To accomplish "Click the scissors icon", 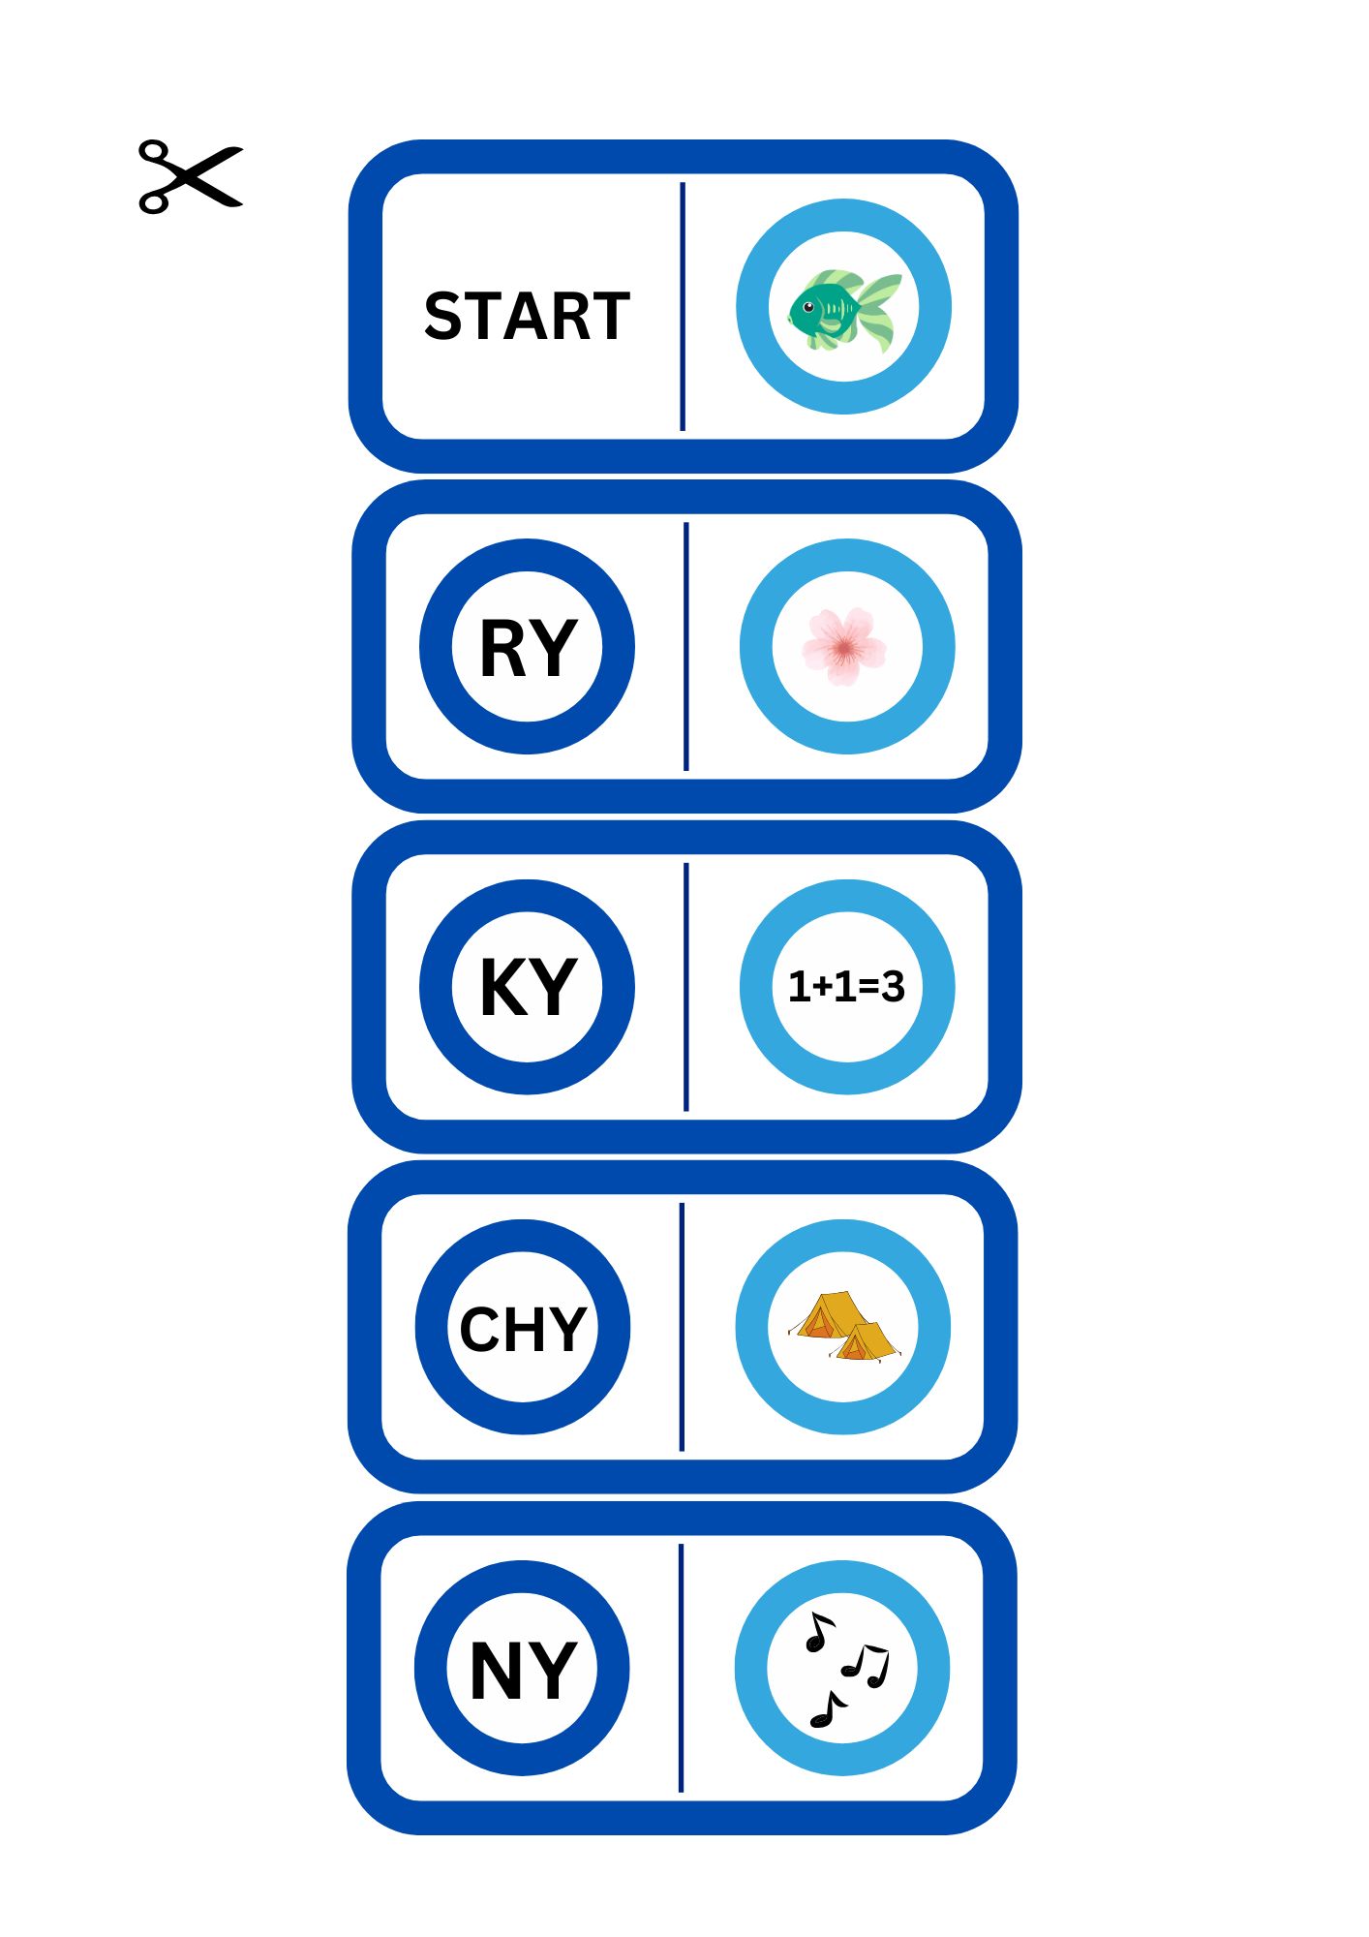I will tap(190, 176).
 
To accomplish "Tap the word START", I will tap(527, 316).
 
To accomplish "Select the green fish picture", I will tap(843, 309).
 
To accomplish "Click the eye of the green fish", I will tap(808, 307).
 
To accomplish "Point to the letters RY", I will tap(528, 648).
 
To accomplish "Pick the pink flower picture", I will tap(844, 646).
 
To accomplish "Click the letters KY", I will tap(528, 987).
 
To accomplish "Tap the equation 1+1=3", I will tap(846, 987).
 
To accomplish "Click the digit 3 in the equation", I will tap(893, 987).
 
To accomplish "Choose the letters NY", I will tap(523, 1670).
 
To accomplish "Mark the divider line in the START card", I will tap(683, 306).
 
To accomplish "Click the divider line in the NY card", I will tap(682, 1668).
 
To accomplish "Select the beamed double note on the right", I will tap(867, 1665).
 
